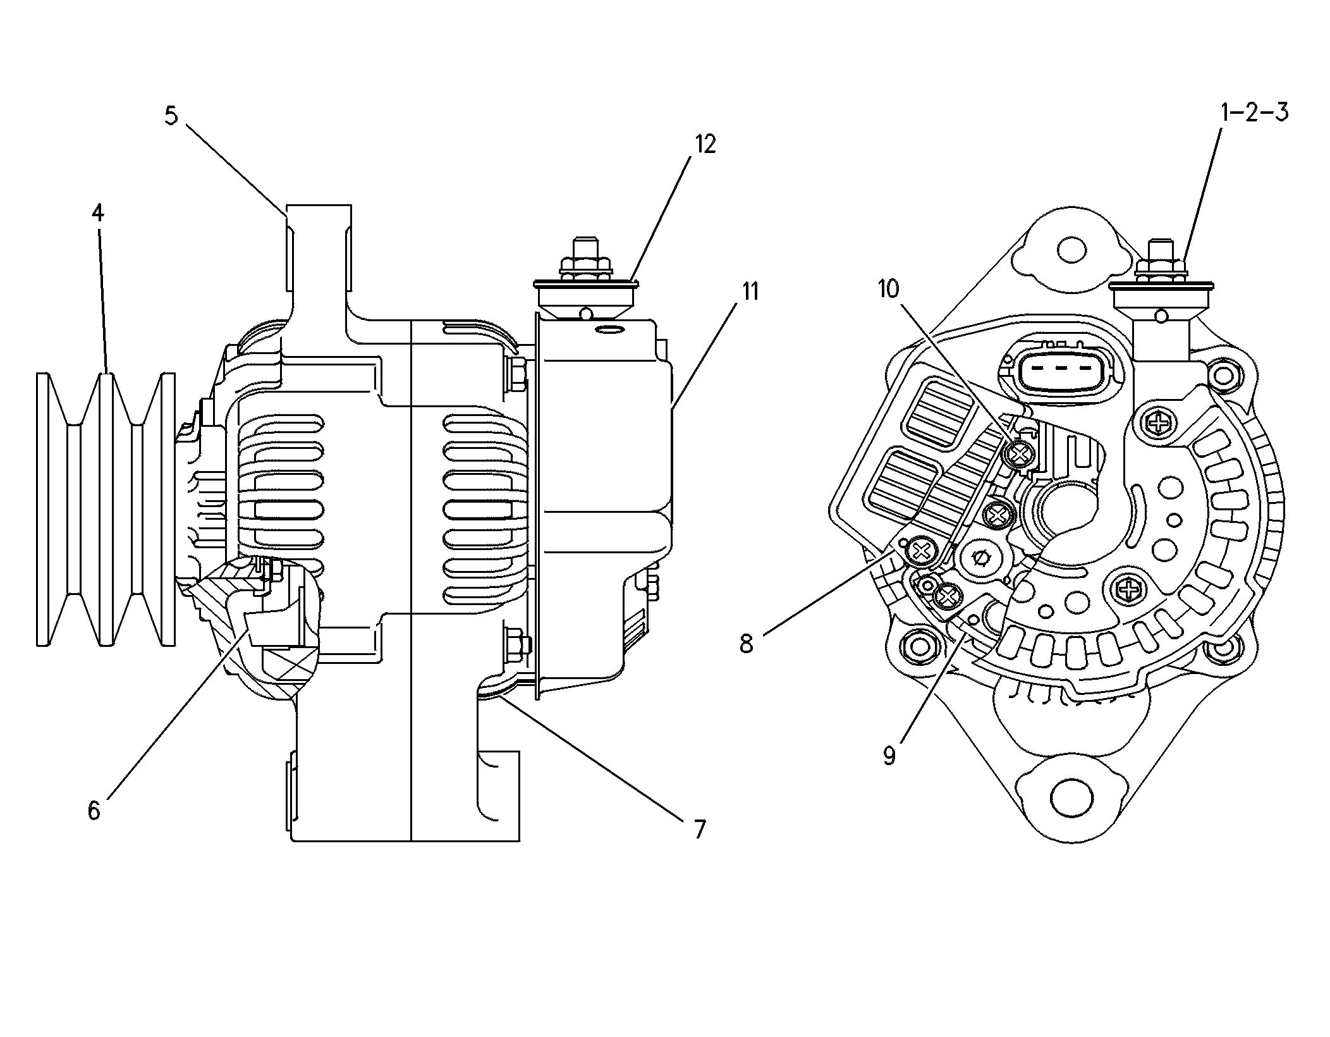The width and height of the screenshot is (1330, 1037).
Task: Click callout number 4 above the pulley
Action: tap(97, 213)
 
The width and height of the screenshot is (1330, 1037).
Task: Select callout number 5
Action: tap(171, 116)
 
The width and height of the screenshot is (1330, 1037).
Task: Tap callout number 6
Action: tap(94, 810)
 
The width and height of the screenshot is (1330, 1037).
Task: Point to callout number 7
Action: tap(699, 829)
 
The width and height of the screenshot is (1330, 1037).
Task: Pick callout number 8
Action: tap(747, 644)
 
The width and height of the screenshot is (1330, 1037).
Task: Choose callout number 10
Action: tap(888, 290)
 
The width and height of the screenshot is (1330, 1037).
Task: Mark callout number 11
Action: tap(750, 292)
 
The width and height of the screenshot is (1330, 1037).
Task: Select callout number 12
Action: tap(705, 145)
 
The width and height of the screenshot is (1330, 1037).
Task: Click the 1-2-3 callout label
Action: tap(1254, 113)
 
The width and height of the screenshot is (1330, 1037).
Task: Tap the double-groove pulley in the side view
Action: tap(106, 509)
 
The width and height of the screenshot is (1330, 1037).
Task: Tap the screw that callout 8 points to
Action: tap(920, 552)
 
